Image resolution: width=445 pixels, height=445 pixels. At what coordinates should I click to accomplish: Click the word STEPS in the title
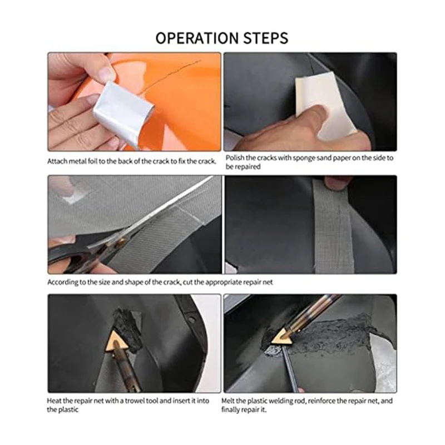click(x=266, y=38)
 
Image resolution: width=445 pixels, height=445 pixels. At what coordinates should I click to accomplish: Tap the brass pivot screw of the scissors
click(x=123, y=241)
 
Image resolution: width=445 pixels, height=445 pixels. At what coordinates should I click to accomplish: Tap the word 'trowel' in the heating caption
click(x=137, y=400)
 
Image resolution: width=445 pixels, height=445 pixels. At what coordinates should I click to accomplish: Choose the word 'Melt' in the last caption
click(x=228, y=400)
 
